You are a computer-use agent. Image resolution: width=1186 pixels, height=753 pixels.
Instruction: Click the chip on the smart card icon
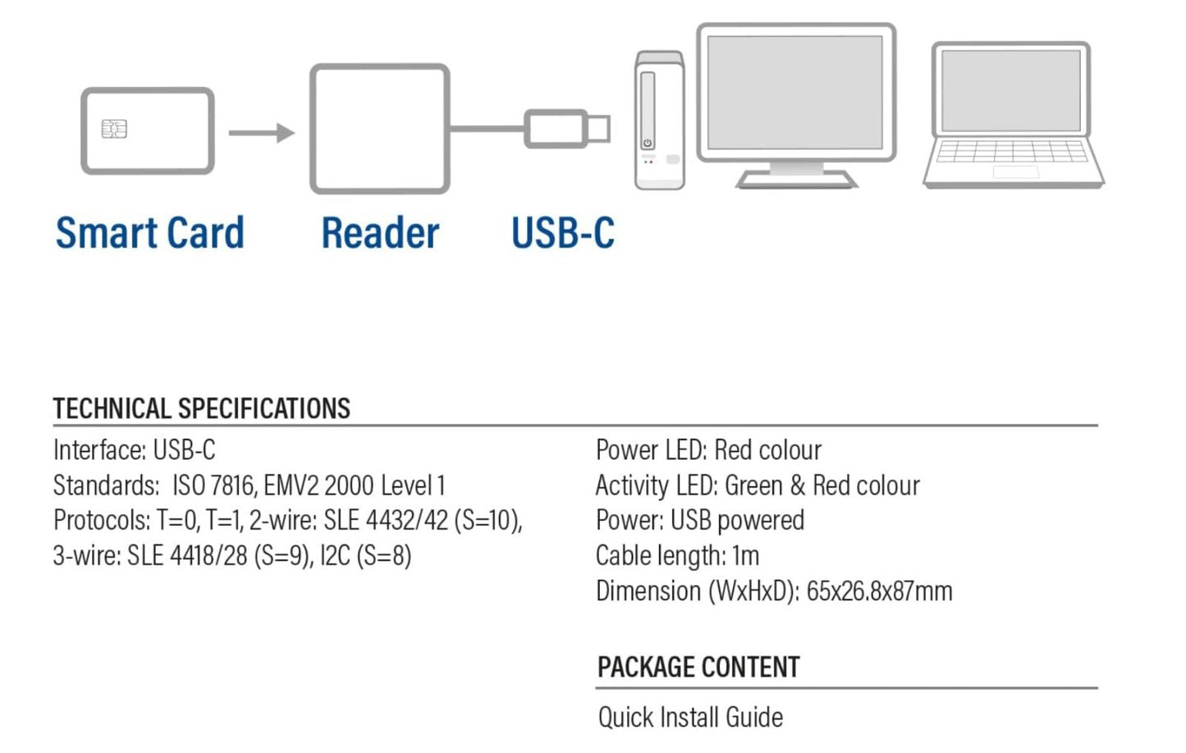click(114, 129)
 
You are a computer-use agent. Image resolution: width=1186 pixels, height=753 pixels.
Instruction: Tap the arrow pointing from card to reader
click(261, 133)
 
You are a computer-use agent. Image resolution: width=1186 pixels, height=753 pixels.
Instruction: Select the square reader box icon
click(379, 129)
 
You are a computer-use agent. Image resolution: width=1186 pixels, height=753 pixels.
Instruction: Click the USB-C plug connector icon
click(566, 129)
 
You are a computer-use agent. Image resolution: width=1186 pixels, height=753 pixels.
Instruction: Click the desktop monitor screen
click(795, 91)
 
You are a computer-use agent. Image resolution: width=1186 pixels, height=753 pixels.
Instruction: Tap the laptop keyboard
click(1013, 153)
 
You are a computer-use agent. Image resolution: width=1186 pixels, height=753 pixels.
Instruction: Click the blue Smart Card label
click(150, 233)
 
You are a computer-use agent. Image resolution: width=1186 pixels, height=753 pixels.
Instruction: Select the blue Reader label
click(380, 233)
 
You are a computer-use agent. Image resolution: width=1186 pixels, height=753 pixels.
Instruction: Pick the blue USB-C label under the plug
click(562, 233)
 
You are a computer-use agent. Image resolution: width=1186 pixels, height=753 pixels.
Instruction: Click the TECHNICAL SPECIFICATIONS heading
click(202, 408)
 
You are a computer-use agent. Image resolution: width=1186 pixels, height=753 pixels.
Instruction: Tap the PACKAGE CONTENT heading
click(698, 668)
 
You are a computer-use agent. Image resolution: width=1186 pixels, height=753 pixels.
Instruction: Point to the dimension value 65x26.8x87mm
click(879, 591)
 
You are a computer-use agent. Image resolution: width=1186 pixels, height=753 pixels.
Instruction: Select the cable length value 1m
click(745, 556)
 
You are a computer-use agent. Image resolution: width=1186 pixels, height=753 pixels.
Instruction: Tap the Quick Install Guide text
click(690, 718)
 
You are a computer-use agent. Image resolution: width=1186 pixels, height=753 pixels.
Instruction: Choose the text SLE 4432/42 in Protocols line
click(386, 521)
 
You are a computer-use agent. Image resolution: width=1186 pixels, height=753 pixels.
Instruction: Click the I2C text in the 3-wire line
click(335, 556)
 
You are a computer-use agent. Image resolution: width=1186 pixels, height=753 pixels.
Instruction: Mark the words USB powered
click(737, 521)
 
